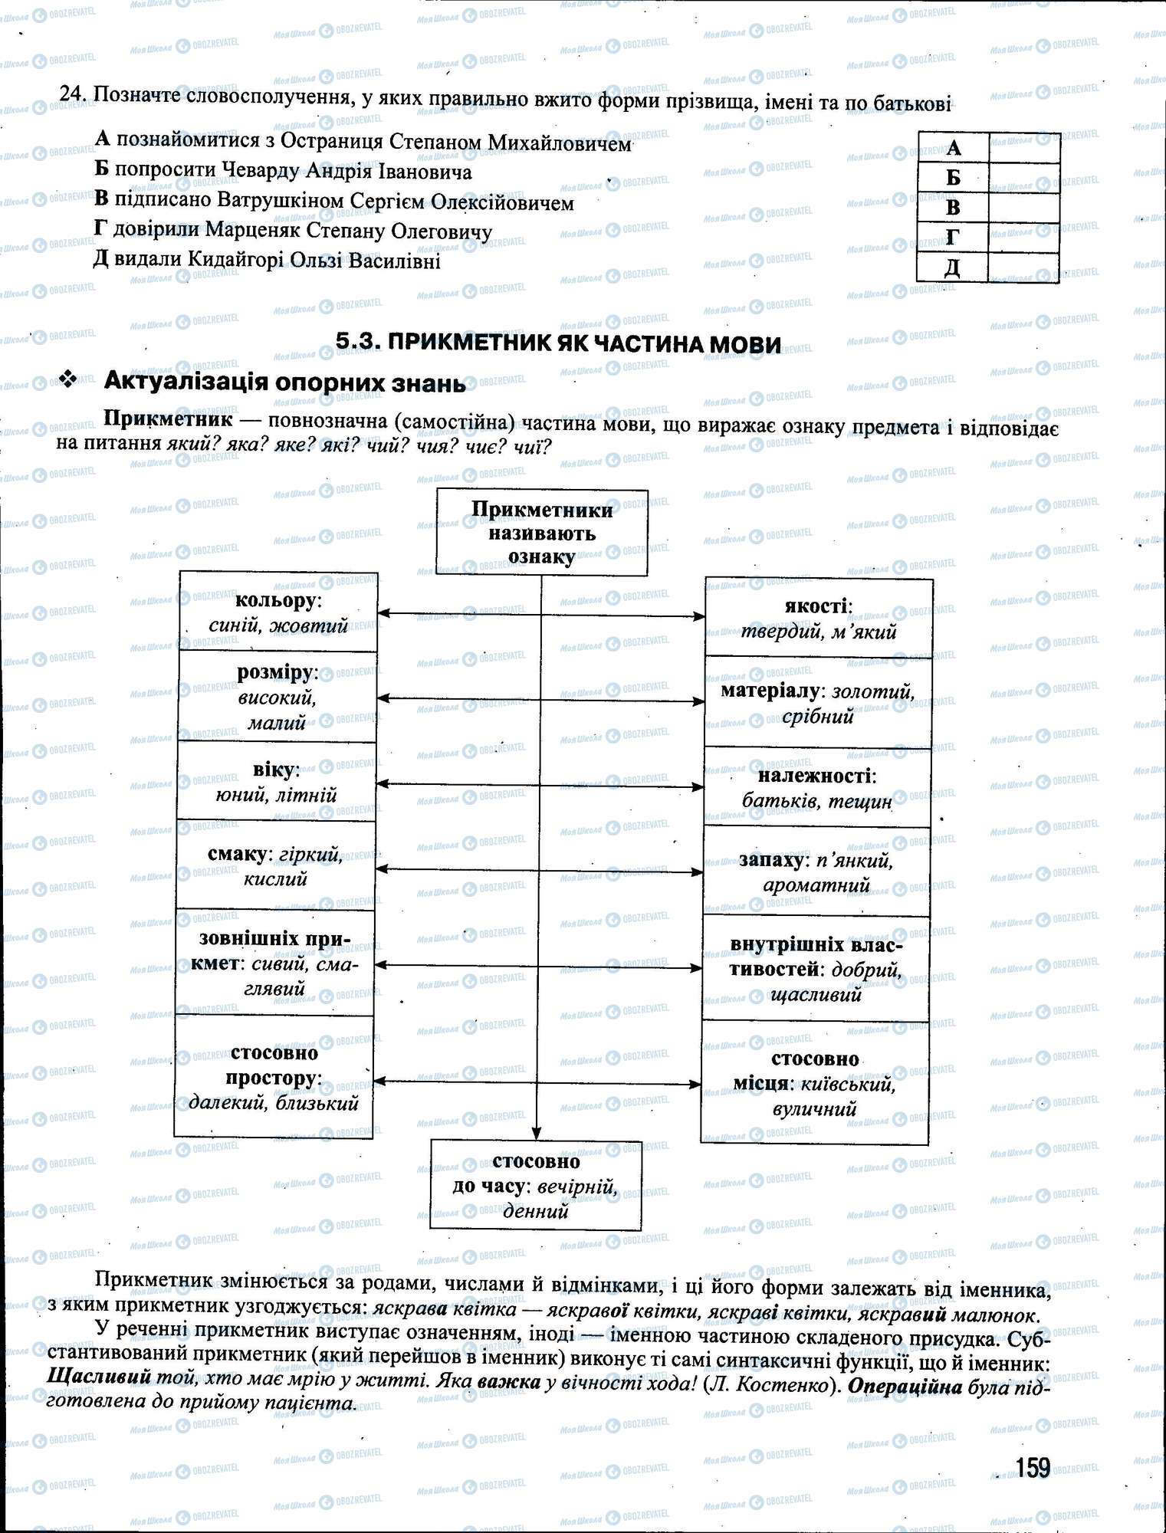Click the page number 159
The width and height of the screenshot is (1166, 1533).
(x=1032, y=1467)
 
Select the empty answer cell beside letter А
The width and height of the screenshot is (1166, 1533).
(x=1024, y=147)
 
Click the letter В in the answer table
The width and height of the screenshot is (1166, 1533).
(x=953, y=207)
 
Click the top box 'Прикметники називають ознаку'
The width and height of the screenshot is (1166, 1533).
(x=542, y=533)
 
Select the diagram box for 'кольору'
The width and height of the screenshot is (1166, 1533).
(x=278, y=612)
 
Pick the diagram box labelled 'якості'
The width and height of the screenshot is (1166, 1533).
(x=819, y=618)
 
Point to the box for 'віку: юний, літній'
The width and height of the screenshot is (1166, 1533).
(x=276, y=781)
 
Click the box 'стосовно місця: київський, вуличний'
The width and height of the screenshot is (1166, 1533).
(x=814, y=1083)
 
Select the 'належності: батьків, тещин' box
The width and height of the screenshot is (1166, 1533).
(x=817, y=788)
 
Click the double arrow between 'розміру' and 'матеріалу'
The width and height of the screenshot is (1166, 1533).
(x=540, y=699)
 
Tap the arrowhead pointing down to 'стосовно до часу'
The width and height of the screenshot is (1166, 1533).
(x=537, y=1132)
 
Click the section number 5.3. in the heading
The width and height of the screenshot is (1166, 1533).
(x=359, y=343)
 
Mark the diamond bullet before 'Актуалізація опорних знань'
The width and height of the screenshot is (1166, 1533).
(x=70, y=379)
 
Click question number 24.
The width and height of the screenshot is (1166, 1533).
(x=71, y=94)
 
